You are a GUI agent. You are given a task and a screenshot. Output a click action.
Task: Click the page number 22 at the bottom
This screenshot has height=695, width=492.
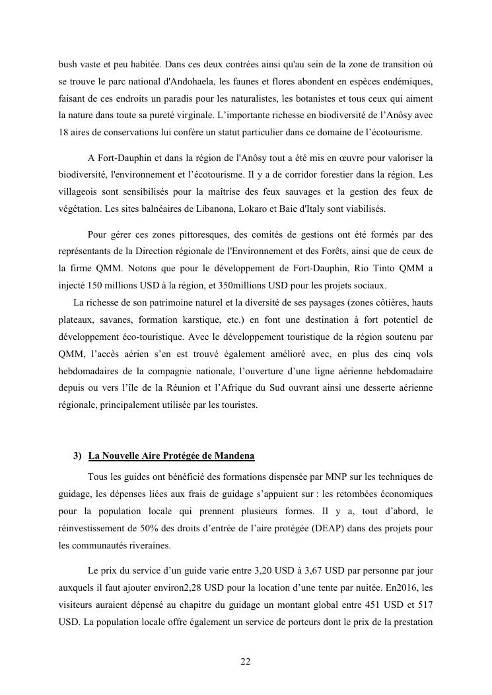[246, 662]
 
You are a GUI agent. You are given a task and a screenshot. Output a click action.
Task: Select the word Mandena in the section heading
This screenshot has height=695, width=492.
[236, 456]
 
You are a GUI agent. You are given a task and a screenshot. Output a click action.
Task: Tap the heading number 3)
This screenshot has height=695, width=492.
[77, 456]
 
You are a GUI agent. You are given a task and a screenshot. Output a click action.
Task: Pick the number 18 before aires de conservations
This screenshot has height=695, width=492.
[64, 132]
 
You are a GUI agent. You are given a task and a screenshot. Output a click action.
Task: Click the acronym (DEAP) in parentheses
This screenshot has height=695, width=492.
[321, 528]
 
